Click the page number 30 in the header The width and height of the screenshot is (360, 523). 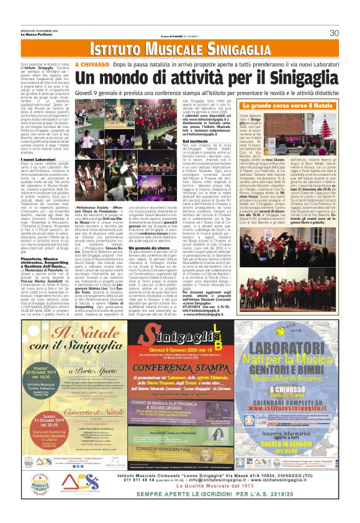333,33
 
